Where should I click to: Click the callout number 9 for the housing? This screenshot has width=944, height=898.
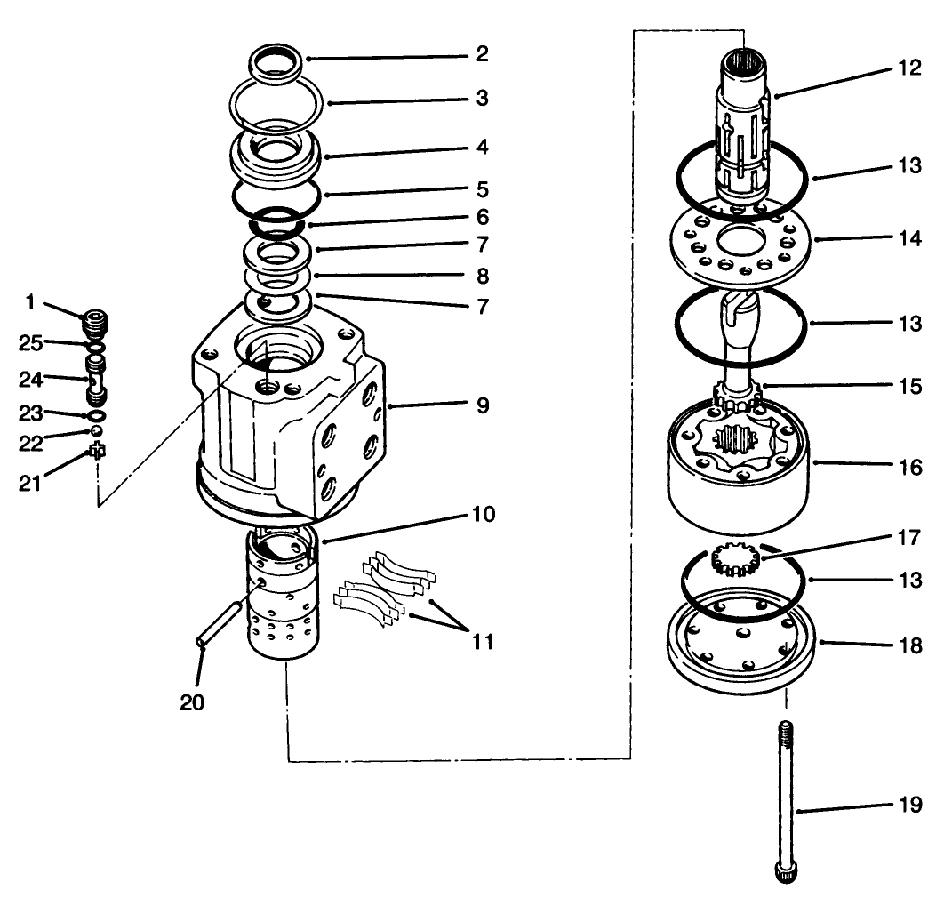(x=481, y=406)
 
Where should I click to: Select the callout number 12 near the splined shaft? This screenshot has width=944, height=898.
(x=908, y=68)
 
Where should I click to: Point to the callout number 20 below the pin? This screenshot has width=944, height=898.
(x=191, y=702)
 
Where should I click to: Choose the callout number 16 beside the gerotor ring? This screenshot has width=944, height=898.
(x=908, y=465)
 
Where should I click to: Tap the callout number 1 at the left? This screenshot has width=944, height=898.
(x=29, y=302)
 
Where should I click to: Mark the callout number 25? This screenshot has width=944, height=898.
(x=31, y=342)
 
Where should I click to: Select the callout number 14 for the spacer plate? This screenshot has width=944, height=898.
(x=908, y=239)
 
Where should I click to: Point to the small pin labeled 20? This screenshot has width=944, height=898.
(x=218, y=626)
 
